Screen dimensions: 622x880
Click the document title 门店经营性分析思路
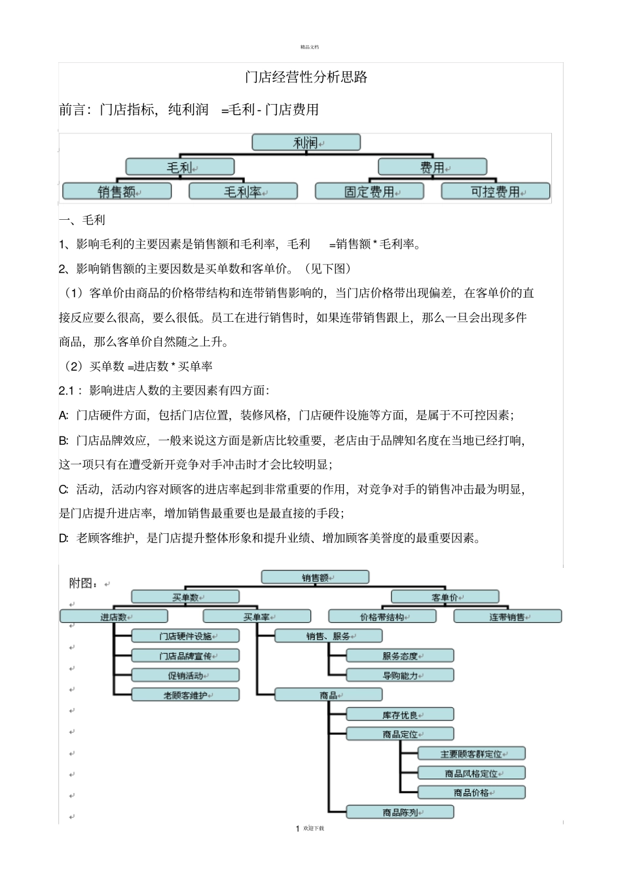click(x=306, y=77)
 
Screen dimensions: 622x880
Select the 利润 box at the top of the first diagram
click(x=306, y=143)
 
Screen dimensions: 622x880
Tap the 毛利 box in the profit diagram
click(x=179, y=167)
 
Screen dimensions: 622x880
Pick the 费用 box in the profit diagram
click(x=432, y=167)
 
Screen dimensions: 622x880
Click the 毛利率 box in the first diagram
click(x=243, y=192)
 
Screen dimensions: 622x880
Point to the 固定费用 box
click(x=369, y=192)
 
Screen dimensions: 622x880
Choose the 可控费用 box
click(x=496, y=192)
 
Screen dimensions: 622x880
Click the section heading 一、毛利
click(x=82, y=220)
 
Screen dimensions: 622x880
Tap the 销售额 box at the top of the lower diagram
click(x=315, y=578)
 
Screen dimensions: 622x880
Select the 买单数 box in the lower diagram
click(x=185, y=597)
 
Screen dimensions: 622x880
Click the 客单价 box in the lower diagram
click(x=445, y=597)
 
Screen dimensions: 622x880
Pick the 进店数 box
click(x=113, y=617)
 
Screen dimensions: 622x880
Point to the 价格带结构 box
click(x=382, y=617)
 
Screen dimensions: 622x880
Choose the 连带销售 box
click(x=507, y=617)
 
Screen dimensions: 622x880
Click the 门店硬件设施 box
click(x=185, y=636)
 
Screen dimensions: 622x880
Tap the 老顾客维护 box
click(x=185, y=695)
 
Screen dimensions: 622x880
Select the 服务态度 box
click(x=400, y=656)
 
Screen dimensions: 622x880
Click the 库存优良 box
click(x=400, y=715)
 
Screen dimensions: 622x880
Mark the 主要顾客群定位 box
click(x=471, y=754)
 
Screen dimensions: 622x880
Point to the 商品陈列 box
click(x=400, y=813)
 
